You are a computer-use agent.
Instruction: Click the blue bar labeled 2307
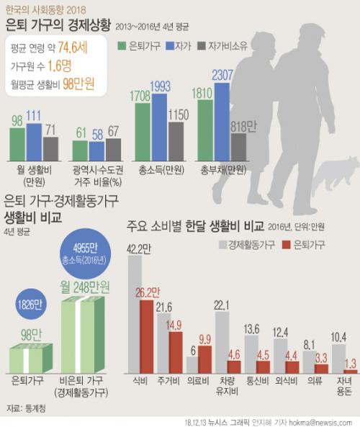[222, 122]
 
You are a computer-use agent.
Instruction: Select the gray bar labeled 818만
[238, 147]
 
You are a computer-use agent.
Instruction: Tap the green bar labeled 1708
[143, 132]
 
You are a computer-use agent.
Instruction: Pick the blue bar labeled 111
[34, 142]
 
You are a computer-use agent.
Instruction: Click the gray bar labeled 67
[113, 150]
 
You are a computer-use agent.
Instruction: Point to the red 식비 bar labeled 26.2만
[146, 336]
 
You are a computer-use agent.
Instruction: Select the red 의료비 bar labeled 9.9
[204, 359]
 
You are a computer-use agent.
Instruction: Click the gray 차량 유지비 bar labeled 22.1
[222, 343]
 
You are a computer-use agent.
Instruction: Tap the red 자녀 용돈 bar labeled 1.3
[350, 372]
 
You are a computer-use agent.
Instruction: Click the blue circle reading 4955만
[85, 253]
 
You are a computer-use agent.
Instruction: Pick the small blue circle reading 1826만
[30, 305]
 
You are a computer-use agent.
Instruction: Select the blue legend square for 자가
[170, 46]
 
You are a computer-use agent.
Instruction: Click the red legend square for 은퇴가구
[287, 245]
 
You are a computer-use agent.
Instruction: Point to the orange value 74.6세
[73, 48]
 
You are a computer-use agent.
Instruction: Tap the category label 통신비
[257, 381]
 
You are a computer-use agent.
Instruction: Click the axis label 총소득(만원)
[161, 171]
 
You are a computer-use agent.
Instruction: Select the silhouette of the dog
[336, 173]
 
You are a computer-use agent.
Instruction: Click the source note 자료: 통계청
[26, 408]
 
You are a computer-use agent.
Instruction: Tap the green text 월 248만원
[85, 287]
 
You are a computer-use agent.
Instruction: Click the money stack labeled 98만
[31, 359]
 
